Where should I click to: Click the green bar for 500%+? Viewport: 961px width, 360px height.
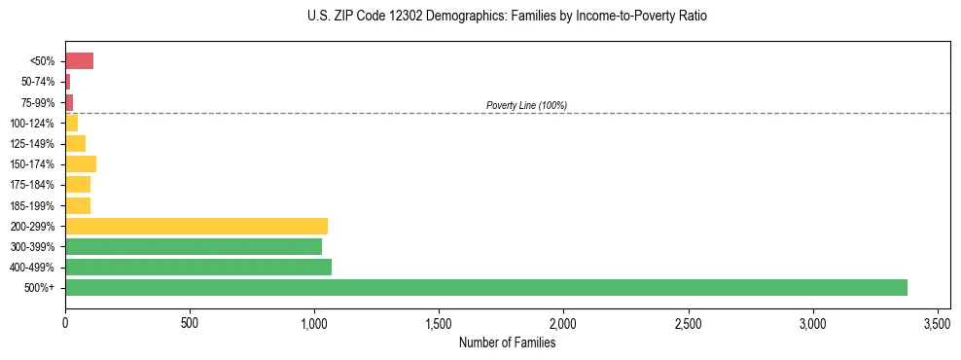(486, 287)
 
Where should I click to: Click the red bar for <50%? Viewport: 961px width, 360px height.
(79, 61)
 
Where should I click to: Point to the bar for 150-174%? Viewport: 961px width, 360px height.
(81, 163)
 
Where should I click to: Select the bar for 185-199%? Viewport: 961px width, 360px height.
(78, 205)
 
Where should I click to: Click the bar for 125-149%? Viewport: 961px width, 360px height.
(76, 143)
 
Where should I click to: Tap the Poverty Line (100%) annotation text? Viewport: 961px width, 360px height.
(526, 105)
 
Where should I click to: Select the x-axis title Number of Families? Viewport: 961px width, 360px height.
(507, 342)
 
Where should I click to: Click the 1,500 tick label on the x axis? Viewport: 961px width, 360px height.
(439, 322)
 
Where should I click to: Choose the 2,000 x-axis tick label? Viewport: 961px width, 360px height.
(563, 322)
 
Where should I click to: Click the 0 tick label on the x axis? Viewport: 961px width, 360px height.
(65, 322)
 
